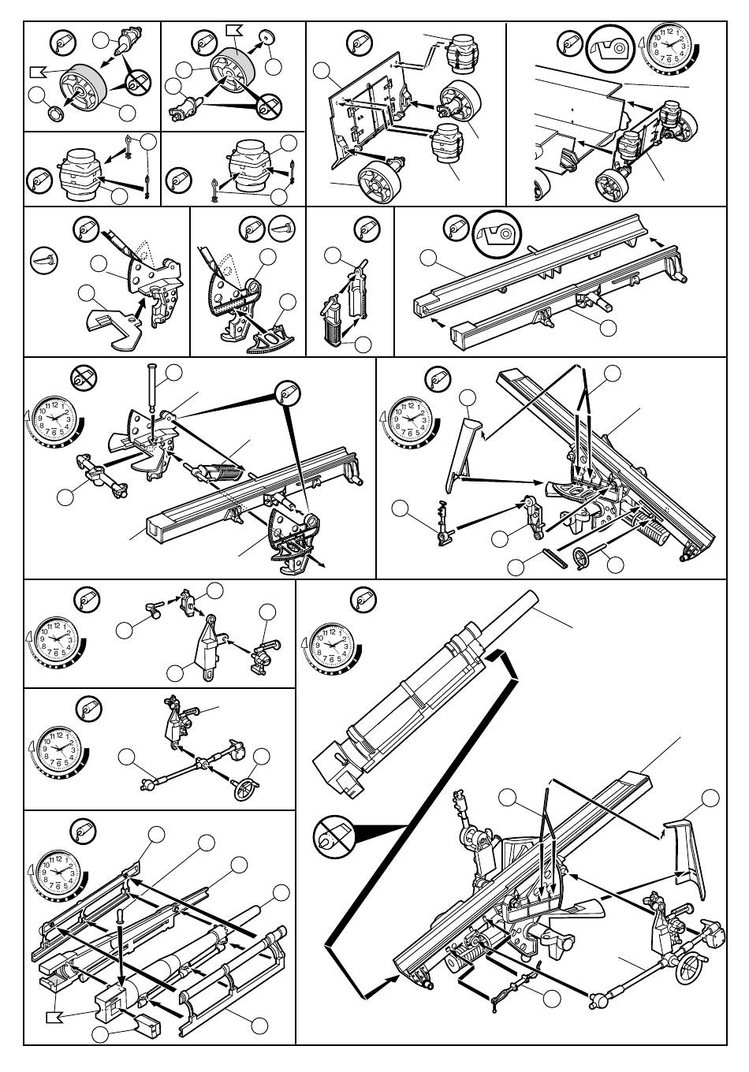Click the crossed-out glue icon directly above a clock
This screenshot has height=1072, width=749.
[80, 377]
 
